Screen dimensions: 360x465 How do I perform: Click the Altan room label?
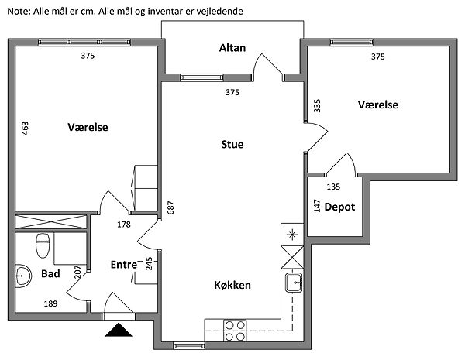[x=232, y=48]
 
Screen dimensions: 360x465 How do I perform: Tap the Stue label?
[x=232, y=143]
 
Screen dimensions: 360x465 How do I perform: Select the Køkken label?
[x=232, y=285]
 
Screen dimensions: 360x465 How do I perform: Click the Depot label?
[x=339, y=207]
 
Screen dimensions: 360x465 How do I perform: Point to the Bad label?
[x=50, y=274]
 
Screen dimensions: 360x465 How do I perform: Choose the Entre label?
[x=124, y=265]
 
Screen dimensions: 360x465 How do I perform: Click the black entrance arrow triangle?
[x=119, y=331]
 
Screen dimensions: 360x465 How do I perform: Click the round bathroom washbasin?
[x=22, y=275]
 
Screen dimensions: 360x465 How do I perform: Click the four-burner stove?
[x=236, y=331]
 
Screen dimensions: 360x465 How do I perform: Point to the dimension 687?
[x=171, y=208]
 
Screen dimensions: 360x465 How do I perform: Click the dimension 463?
[x=26, y=129]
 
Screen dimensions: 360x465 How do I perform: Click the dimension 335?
[x=316, y=106]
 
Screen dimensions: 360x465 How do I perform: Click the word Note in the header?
[x=17, y=11]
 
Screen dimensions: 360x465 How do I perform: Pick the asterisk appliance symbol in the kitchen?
[x=291, y=235]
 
